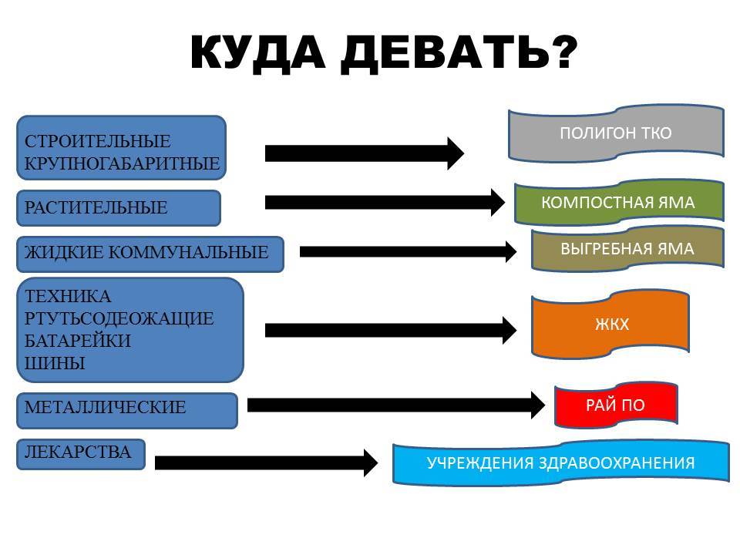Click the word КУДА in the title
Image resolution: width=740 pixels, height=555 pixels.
click(257, 52)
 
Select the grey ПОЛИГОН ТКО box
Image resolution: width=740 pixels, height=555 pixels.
click(616, 133)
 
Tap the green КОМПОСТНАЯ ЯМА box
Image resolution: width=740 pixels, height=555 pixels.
click(619, 202)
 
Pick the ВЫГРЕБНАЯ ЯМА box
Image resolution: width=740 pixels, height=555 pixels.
click(627, 248)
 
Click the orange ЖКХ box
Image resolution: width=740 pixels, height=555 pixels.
click(610, 324)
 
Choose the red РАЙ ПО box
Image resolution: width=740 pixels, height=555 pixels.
click(616, 405)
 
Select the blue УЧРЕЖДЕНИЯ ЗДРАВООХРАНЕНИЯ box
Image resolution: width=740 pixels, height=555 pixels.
click(560, 462)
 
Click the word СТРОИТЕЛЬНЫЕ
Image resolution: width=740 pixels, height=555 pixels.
click(98, 141)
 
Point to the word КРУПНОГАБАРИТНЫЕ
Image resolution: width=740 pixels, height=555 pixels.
click(123, 163)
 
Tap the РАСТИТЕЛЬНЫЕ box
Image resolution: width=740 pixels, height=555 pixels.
click(119, 207)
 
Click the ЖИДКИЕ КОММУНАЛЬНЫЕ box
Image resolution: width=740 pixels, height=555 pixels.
click(150, 254)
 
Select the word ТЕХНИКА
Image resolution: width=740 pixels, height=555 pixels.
click(68, 296)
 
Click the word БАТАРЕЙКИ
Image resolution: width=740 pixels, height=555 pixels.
click(78, 341)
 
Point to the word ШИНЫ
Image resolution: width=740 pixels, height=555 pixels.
click(55, 363)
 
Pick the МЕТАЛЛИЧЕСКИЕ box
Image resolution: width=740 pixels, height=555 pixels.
click(127, 411)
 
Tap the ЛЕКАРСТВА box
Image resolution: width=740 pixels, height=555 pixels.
click(81, 454)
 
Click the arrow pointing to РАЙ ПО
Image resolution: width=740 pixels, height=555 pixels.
click(396, 405)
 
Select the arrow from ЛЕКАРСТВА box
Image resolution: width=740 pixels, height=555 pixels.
click(266, 462)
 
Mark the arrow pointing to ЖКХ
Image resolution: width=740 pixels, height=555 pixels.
click(391, 331)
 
